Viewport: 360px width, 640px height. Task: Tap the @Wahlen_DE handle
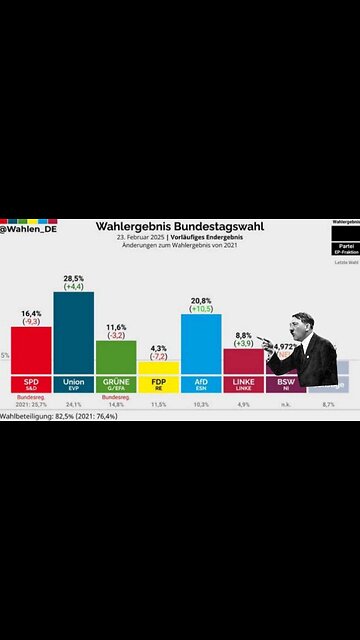click(x=28, y=231)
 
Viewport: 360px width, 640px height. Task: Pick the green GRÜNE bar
click(x=116, y=357)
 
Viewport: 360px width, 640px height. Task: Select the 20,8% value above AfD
click(x=200, y=299)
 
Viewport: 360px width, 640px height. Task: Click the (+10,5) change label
click(x=200, y=308)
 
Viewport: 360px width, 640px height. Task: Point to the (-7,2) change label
click(x=158, y=356)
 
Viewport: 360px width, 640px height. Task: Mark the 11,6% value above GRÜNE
click(x=116, y=326)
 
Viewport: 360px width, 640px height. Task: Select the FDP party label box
click(x=158, y=384)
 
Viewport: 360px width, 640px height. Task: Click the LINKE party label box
click(x=243, y=384)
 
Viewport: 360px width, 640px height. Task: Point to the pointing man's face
click(x=301, y=326)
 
